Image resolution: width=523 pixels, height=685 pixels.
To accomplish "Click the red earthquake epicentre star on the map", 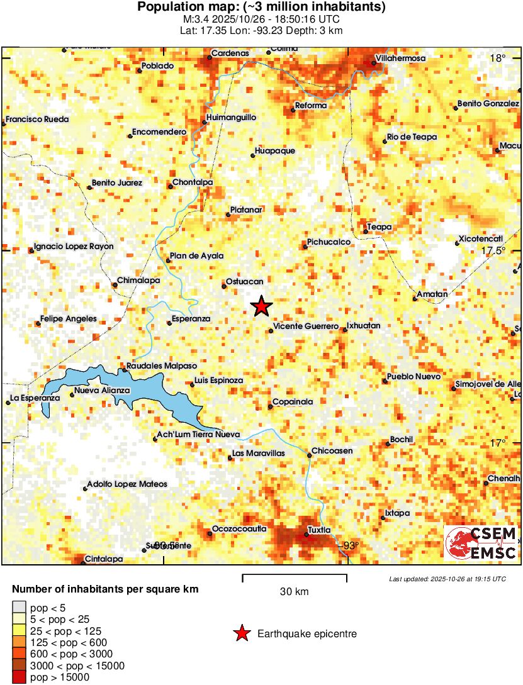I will [261, 306].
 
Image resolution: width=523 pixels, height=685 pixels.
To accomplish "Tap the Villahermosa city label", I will [401, 58].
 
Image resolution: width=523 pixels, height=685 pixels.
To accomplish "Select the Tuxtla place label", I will [320, 530].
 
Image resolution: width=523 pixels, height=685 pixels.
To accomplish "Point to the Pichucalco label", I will [328, 242].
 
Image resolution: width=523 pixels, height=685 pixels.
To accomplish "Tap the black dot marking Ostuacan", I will [224, 287].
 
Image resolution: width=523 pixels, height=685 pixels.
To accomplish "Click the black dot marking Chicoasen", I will [310, 455].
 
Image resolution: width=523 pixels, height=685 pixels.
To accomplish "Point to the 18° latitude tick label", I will [498, 58].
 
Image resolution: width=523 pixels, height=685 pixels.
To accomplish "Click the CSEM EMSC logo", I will [481, 543].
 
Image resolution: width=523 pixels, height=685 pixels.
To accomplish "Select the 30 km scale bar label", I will [294, 592].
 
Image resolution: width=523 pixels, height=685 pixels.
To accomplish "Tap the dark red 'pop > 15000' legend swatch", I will [19, 677].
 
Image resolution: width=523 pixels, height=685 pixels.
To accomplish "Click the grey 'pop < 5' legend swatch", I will [19, 608].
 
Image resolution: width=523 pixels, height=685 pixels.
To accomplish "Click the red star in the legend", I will [242, 633].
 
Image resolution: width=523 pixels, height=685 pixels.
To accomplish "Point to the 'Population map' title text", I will [261, 8].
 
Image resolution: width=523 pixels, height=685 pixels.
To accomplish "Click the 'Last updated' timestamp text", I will [447, 579].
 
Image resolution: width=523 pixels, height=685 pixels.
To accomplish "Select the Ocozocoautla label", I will [239, 528].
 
